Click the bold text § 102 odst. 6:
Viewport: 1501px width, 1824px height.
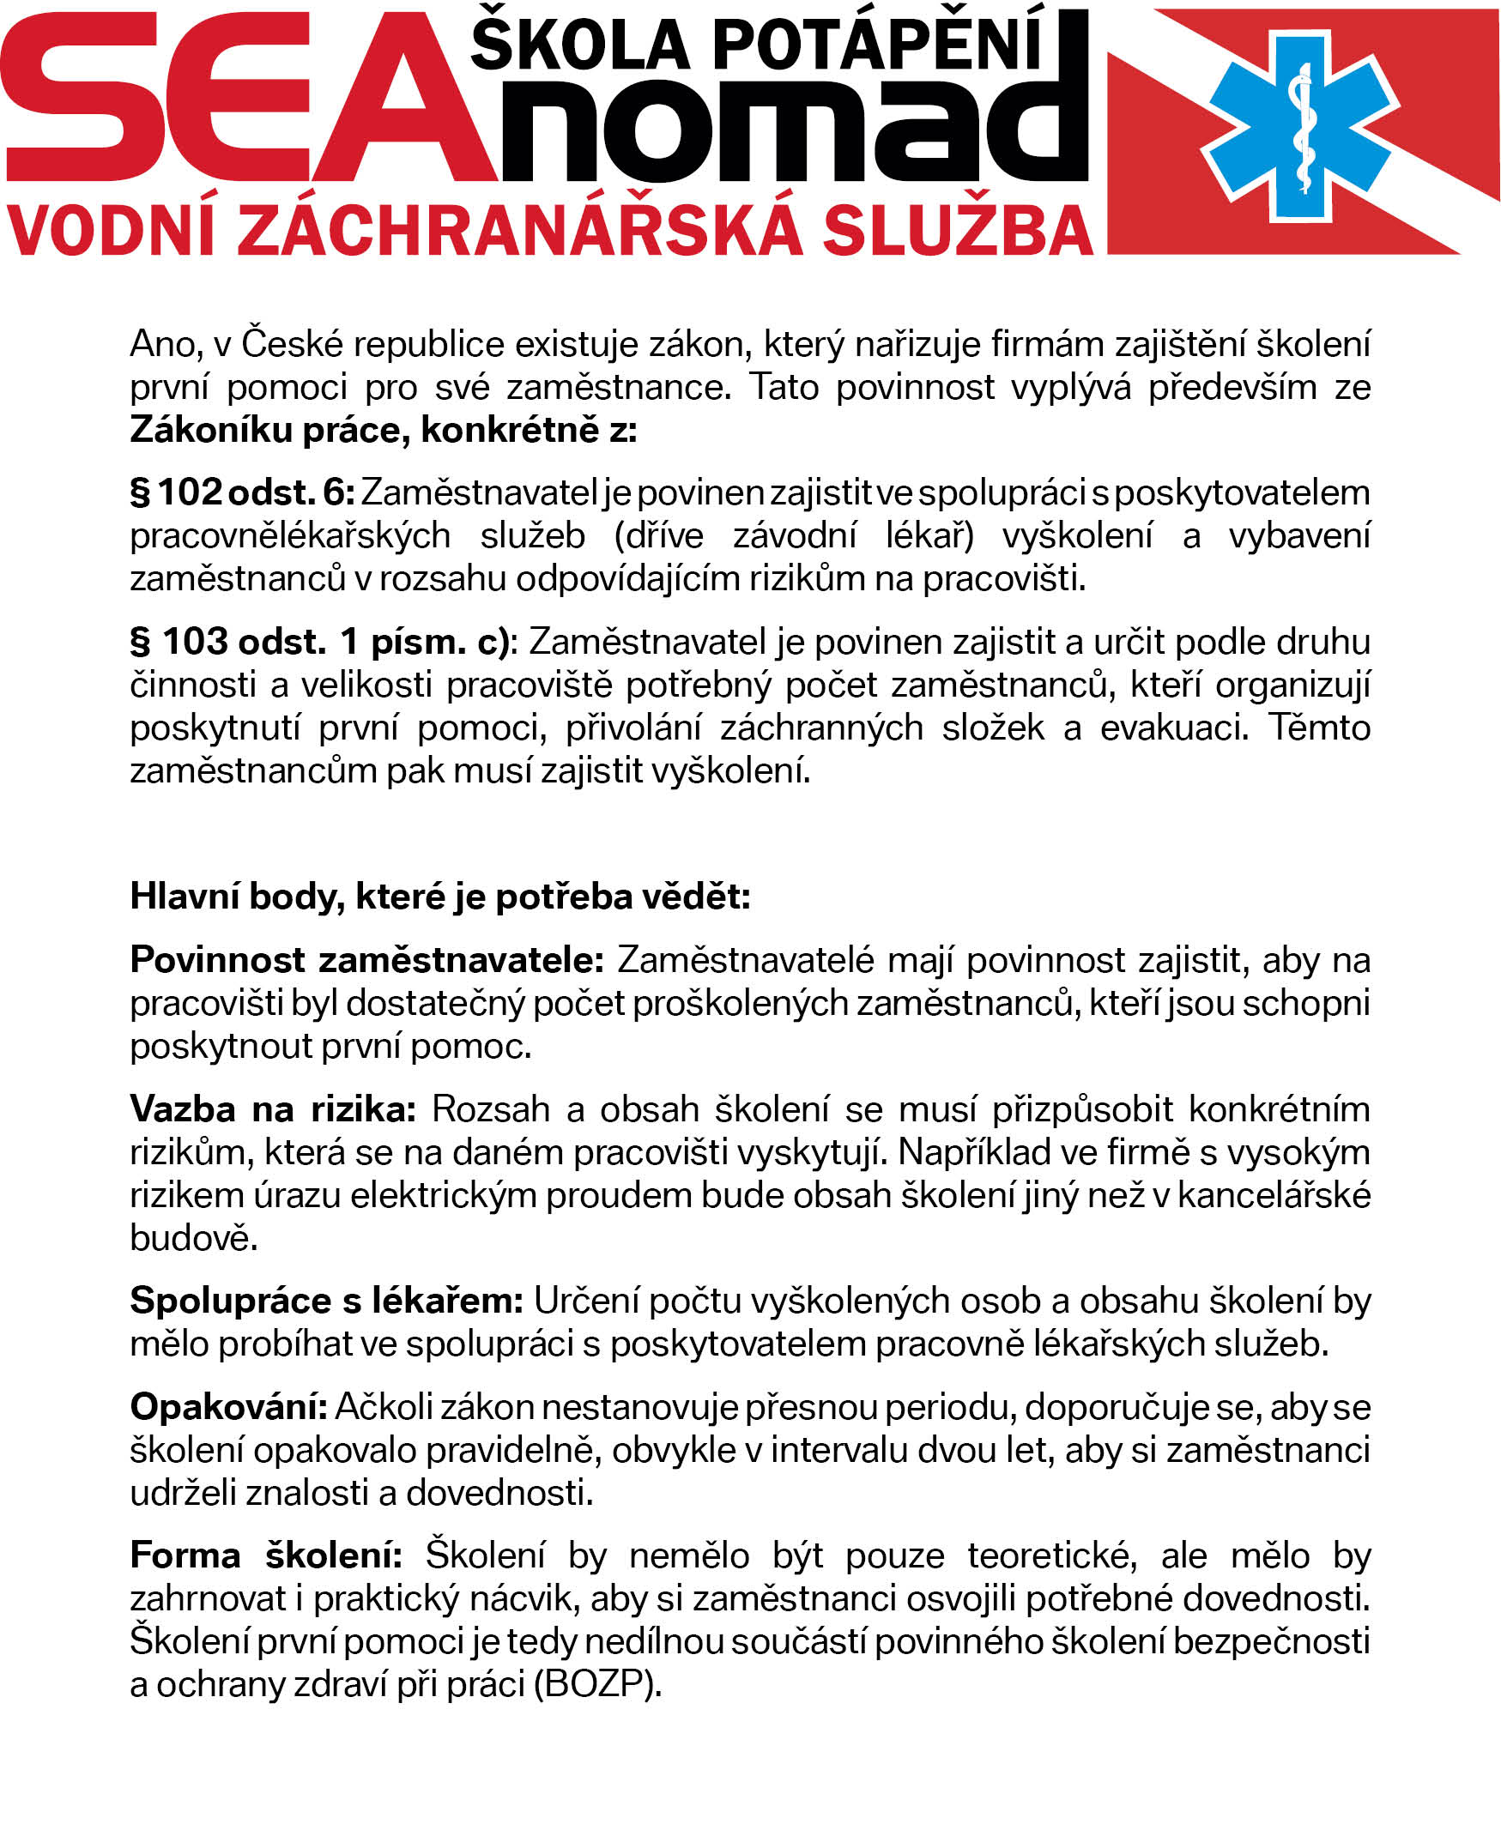click(242, 492)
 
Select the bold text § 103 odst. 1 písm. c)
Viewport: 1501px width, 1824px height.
click(320, 642)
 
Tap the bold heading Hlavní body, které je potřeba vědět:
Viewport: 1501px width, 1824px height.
click(440, 897)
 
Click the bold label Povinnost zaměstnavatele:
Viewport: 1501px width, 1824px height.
click(366, 959)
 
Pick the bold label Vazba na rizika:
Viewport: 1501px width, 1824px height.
click(273, 1109)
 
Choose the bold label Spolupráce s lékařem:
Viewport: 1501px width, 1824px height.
click(326, 1301)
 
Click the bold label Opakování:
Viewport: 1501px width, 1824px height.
click(228, 1407)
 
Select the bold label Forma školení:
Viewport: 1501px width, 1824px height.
click(266, 1556)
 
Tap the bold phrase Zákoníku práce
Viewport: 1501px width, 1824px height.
click(264, 430)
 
